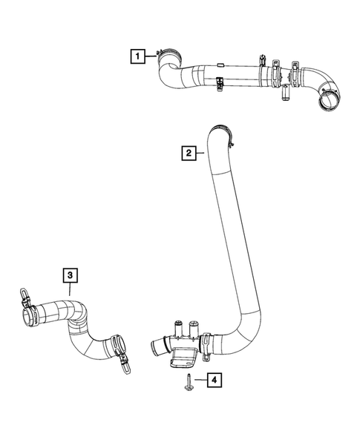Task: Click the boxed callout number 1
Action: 136,54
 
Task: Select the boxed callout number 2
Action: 189,154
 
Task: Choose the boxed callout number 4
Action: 213,381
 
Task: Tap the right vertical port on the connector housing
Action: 194,326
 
